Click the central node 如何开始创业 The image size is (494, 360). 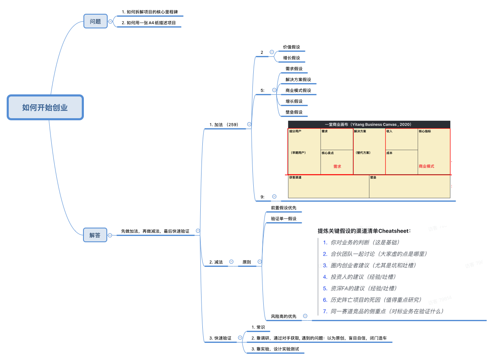45,107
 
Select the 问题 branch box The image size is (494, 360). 95,21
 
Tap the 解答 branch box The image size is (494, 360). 95,235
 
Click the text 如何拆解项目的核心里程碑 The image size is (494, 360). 152,12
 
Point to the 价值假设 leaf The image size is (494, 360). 291,47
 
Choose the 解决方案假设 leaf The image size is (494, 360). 298,79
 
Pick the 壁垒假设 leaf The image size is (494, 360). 294,112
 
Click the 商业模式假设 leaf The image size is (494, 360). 298,90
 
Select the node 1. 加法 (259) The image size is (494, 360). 224,124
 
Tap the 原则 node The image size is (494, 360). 247,262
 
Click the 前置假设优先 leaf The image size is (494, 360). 283,208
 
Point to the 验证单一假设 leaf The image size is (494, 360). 283,218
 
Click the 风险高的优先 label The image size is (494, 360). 283,317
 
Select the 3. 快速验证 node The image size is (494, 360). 220,337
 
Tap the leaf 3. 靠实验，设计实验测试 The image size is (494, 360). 275,349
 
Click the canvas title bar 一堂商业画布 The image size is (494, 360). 369,124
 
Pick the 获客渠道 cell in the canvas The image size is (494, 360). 328,186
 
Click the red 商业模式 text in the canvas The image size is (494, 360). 426,166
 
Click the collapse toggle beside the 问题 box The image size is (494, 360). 110,21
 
